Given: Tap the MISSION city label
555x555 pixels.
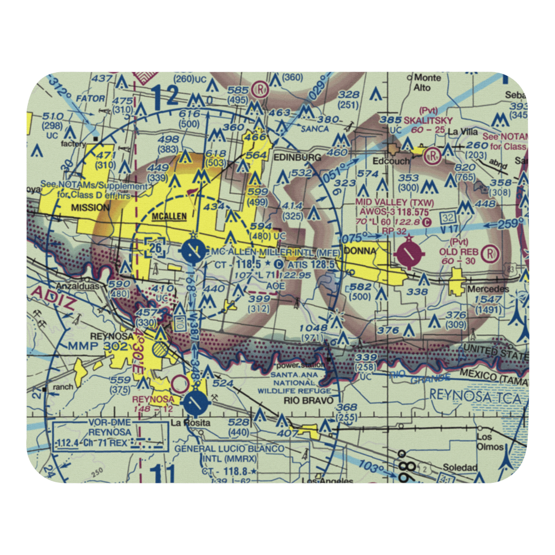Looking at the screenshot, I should point(90,208).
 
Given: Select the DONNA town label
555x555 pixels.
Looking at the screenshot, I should point(360,251).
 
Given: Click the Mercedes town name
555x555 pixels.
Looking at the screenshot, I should point(488,289).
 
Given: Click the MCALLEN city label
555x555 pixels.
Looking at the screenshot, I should point(170,217).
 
